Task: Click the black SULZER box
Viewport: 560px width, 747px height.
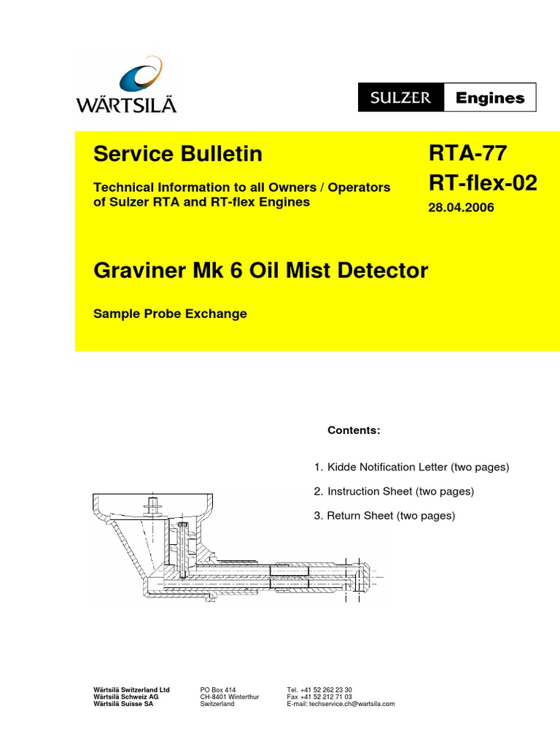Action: pyautogui.click(x=400, y=98)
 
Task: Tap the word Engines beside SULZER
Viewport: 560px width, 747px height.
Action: pyautogui.click(x=490, y=98)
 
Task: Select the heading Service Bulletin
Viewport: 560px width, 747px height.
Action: pyautogui.click(x=178, y=155)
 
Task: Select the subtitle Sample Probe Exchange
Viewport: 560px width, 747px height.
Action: pyautogui.click(x=171, y=314)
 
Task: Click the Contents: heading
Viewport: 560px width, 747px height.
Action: pyautogui.click(x=354, y=430)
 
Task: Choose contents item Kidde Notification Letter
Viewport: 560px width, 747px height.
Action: pyautogui.click(x=418, y=467)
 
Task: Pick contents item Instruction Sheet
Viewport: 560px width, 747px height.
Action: pyautogui.click(x=400, y=492)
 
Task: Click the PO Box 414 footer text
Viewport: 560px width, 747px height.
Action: pyautogui.click(x=218, y=689)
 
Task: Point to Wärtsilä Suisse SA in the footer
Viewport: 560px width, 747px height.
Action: pyautogui.click(x=123, y=704)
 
